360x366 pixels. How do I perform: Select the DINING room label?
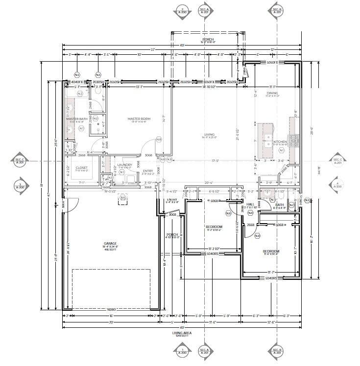(272, 93)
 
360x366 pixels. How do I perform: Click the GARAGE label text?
(110, 243)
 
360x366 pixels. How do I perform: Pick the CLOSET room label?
(82, 167)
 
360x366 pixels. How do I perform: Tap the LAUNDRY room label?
(124, 165)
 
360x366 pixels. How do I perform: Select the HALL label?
(250, 205)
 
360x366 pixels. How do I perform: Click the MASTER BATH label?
(76, 119)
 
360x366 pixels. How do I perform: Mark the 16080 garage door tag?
(111, 309)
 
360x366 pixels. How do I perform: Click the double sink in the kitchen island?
(268, 142)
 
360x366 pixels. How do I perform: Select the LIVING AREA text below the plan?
(181, 333)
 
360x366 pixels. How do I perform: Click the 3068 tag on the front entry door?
(172, 214)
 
